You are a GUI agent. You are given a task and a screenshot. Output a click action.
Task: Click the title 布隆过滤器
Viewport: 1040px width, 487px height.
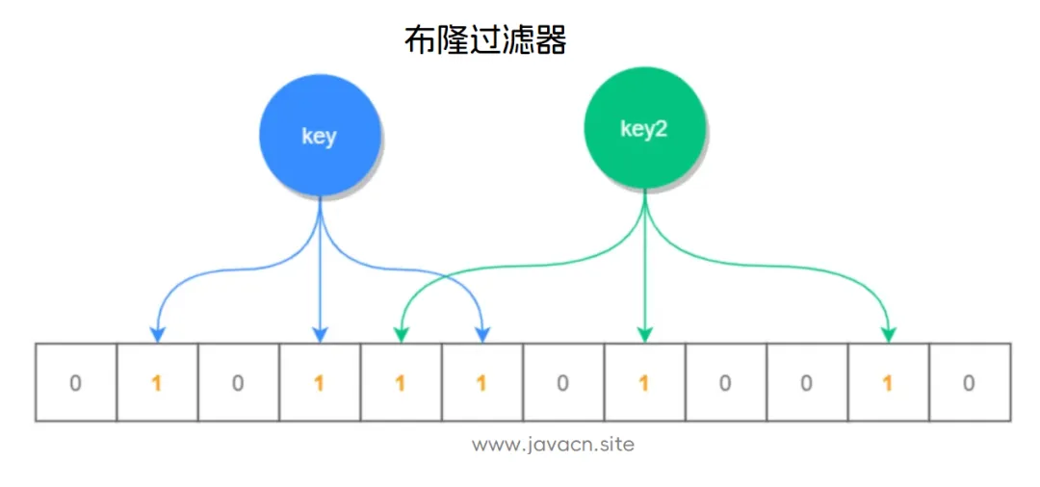[x=484, y=41]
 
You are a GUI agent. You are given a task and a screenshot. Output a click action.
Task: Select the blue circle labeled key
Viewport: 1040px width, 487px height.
[x=319, y=135]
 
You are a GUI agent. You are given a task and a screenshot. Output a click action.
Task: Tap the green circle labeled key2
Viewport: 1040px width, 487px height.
[x=644, y=129]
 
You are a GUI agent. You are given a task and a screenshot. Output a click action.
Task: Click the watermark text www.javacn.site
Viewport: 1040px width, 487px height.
[x=554, y=445]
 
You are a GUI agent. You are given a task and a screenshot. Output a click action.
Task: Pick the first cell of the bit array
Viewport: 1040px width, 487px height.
[x=75, y=382]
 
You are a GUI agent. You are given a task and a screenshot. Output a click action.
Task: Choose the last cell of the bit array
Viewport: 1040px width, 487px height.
[x=969, y=382]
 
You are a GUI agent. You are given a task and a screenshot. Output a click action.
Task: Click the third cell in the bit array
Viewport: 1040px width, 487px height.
[x=238, y=382]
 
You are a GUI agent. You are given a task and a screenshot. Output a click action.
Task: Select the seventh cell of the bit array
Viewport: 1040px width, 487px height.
[x=563, y=382]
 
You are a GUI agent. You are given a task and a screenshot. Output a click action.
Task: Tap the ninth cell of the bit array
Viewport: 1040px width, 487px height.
[x=725, y=382]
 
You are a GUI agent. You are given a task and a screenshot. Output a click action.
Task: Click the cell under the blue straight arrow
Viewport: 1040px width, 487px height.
[x=319, y=382]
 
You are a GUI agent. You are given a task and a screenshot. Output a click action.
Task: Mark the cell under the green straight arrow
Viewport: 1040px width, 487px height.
[x=644, y=382]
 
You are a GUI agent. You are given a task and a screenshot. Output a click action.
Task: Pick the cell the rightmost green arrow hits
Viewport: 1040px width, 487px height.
[x=888, y=382]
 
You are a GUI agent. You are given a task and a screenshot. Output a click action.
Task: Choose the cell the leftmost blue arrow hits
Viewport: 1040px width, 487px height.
[x=157, y=382]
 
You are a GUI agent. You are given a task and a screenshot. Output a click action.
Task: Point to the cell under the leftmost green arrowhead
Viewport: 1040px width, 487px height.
[x=401, y=382]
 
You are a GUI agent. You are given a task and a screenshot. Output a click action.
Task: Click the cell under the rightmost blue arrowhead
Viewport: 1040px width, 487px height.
[x=481, y=382]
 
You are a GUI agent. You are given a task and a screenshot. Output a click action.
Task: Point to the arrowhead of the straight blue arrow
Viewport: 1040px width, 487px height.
[x=319, y=334]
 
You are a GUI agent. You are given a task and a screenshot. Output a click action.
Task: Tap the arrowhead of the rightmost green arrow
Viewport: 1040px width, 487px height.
[x=888, y=334]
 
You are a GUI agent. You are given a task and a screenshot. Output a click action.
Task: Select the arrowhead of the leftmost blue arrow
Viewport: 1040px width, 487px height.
[x=157, y=334]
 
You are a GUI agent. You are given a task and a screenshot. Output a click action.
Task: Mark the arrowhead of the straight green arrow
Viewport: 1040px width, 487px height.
[x=644, y=334]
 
